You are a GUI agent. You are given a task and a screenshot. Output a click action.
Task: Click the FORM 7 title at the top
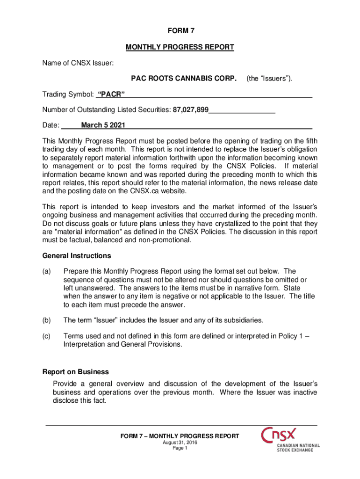coord(180,31)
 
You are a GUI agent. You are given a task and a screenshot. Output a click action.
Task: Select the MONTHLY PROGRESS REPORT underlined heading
coord(180,47)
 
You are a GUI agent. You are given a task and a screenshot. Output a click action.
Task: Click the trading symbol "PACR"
coord(110,95)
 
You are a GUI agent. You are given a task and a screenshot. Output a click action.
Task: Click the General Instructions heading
coord(77,256)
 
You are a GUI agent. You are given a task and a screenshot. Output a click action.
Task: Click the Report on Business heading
coord(76,372)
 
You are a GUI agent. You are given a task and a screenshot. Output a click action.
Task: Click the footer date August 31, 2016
coord(180,443)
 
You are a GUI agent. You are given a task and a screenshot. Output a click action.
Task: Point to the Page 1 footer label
coord(180,448)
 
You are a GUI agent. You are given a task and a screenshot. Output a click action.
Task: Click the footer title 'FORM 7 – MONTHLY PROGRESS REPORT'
coord(180,436)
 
